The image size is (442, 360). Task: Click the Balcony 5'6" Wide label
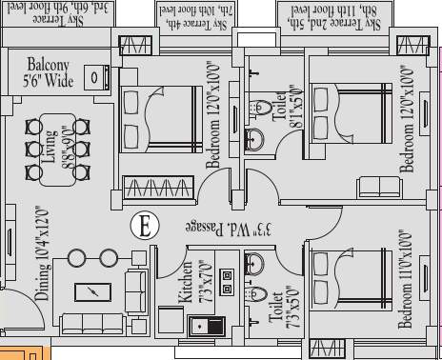tap(46, 72)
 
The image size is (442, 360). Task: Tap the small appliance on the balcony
tap(94, 77)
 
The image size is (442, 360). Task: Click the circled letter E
tap(144, 227)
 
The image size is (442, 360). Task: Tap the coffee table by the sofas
tap(92, 291)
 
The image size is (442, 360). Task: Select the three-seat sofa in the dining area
tap(91, 323)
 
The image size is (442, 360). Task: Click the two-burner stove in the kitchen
tap(227, 281)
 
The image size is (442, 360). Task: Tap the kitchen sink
tap(206, 326)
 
